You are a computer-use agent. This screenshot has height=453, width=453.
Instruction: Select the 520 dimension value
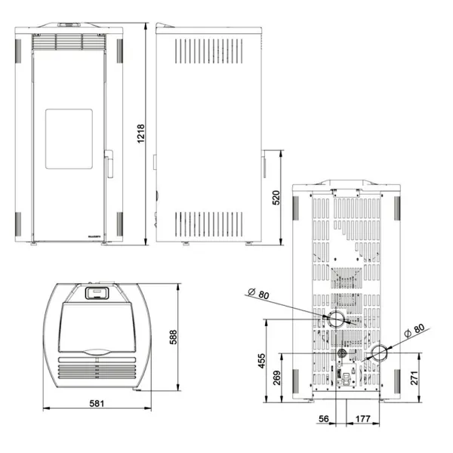click(276, 199)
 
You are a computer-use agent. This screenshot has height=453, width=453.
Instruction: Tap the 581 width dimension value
click(96, 403)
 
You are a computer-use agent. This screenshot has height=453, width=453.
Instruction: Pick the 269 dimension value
click(277, 377)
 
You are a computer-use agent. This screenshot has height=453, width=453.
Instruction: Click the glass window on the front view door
click(69, 137)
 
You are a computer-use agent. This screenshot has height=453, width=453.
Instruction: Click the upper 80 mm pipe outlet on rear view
click(334, 319)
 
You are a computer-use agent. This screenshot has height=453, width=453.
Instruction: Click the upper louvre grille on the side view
click(209, 51)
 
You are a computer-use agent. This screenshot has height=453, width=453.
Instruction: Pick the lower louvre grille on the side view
click(209, 222)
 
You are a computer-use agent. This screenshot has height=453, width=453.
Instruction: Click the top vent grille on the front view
click(69, 42)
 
